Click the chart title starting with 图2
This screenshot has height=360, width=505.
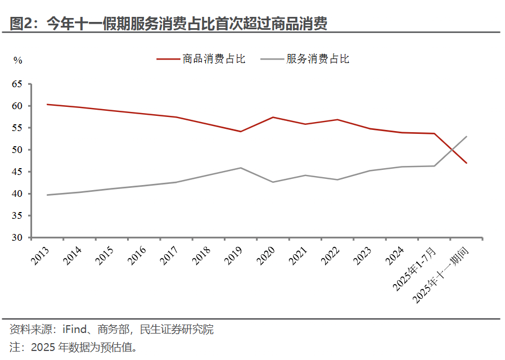(168, 23)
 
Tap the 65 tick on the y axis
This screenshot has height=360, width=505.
(17, 84)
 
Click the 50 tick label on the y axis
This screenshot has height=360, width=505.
(17, 150)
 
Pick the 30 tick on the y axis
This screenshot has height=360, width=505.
(17, 238)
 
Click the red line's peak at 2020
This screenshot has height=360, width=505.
(273, 117)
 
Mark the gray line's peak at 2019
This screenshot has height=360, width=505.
(241, 168)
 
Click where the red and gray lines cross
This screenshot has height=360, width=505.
(451, 150)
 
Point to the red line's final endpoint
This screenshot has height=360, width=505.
(467, 163)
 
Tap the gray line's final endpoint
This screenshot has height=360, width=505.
(467, 136)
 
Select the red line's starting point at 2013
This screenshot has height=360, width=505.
(47, 104)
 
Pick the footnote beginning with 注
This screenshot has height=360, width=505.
(73, 346)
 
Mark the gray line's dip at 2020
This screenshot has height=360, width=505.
(273, 182)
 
